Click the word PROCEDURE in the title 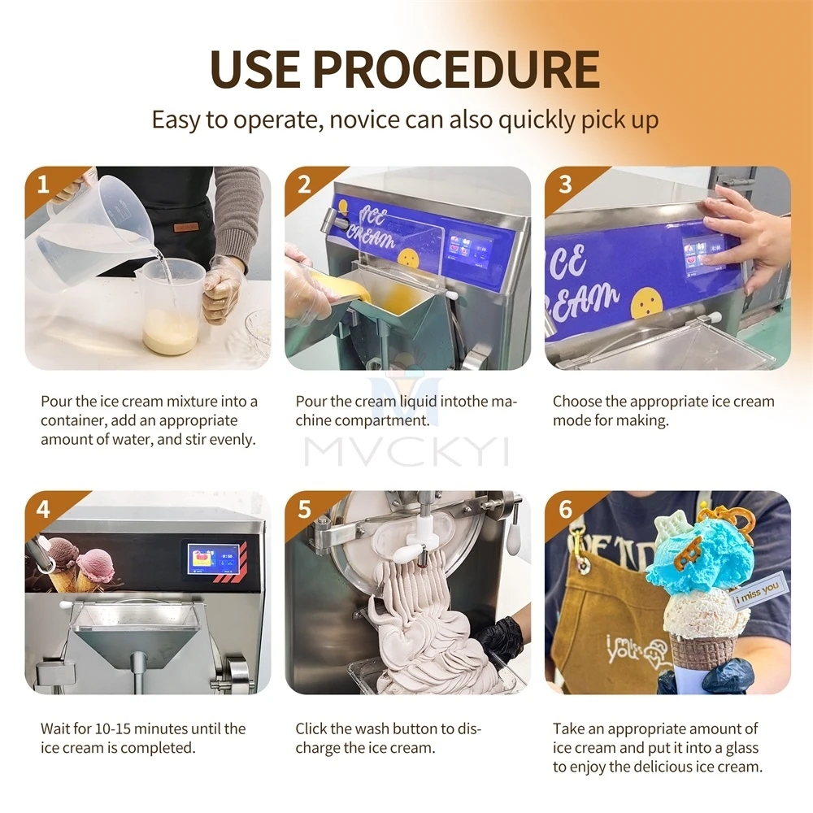click(456, 69)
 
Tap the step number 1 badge click(43, 185)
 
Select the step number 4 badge click(43, 509)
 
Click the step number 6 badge click(565, 509)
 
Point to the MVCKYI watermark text click(406, 452)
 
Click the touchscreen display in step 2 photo click(471, 250)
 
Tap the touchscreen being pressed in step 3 click(703, 254)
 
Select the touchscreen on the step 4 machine click(214, 559)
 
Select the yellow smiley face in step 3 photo click(646, 302)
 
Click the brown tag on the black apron click(186, 227)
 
